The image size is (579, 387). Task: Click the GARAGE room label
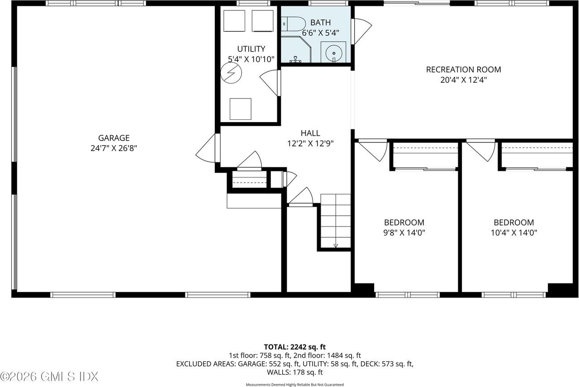114,138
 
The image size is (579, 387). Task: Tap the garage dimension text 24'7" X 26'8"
114,148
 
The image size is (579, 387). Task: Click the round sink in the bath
334,52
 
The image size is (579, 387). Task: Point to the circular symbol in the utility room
231,73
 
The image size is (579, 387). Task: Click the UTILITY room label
251,49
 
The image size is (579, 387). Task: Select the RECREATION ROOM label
463,70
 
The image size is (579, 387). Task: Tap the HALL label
310,133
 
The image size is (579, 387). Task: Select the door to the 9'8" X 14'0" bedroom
372,150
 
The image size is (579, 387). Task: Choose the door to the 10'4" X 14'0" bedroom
481,150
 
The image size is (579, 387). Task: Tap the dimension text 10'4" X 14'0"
513,233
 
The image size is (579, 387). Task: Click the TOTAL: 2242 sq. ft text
294,347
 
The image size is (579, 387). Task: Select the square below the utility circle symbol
240,109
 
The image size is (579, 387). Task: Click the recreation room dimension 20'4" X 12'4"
463,80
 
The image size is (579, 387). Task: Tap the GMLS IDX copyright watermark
49,376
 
